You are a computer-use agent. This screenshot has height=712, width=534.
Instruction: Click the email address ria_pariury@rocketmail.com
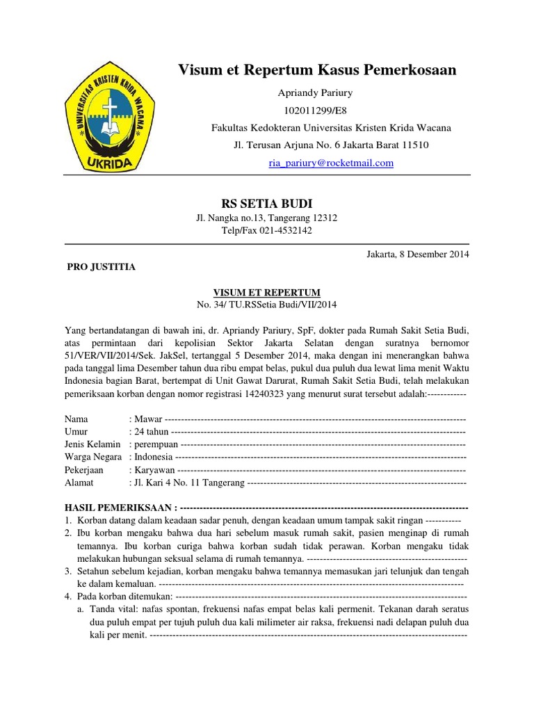coord(331,163)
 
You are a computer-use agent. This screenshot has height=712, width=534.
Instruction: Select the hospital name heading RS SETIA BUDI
coord(266,203)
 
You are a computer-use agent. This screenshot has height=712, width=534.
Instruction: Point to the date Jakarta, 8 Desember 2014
coord(417,254)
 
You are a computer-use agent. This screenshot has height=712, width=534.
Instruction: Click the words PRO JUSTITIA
coord(101,267)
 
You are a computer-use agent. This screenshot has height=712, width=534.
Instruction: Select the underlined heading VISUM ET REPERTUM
coord(266,293)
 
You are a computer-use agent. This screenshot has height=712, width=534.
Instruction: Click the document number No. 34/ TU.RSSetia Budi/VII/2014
coord(266,305)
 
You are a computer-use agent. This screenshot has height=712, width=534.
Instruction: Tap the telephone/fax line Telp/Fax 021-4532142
coord(266,230)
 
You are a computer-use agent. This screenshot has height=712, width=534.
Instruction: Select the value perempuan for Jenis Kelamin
coord(156,444)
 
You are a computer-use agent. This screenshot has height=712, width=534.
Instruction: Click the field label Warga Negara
coord(93,457)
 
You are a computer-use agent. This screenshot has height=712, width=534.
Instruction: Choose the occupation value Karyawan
coord(154,470)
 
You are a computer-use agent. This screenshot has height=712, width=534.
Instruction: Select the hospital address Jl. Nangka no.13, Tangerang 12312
coord(266,218)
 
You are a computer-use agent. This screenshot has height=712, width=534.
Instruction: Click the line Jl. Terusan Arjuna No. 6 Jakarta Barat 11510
coord(331,145)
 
